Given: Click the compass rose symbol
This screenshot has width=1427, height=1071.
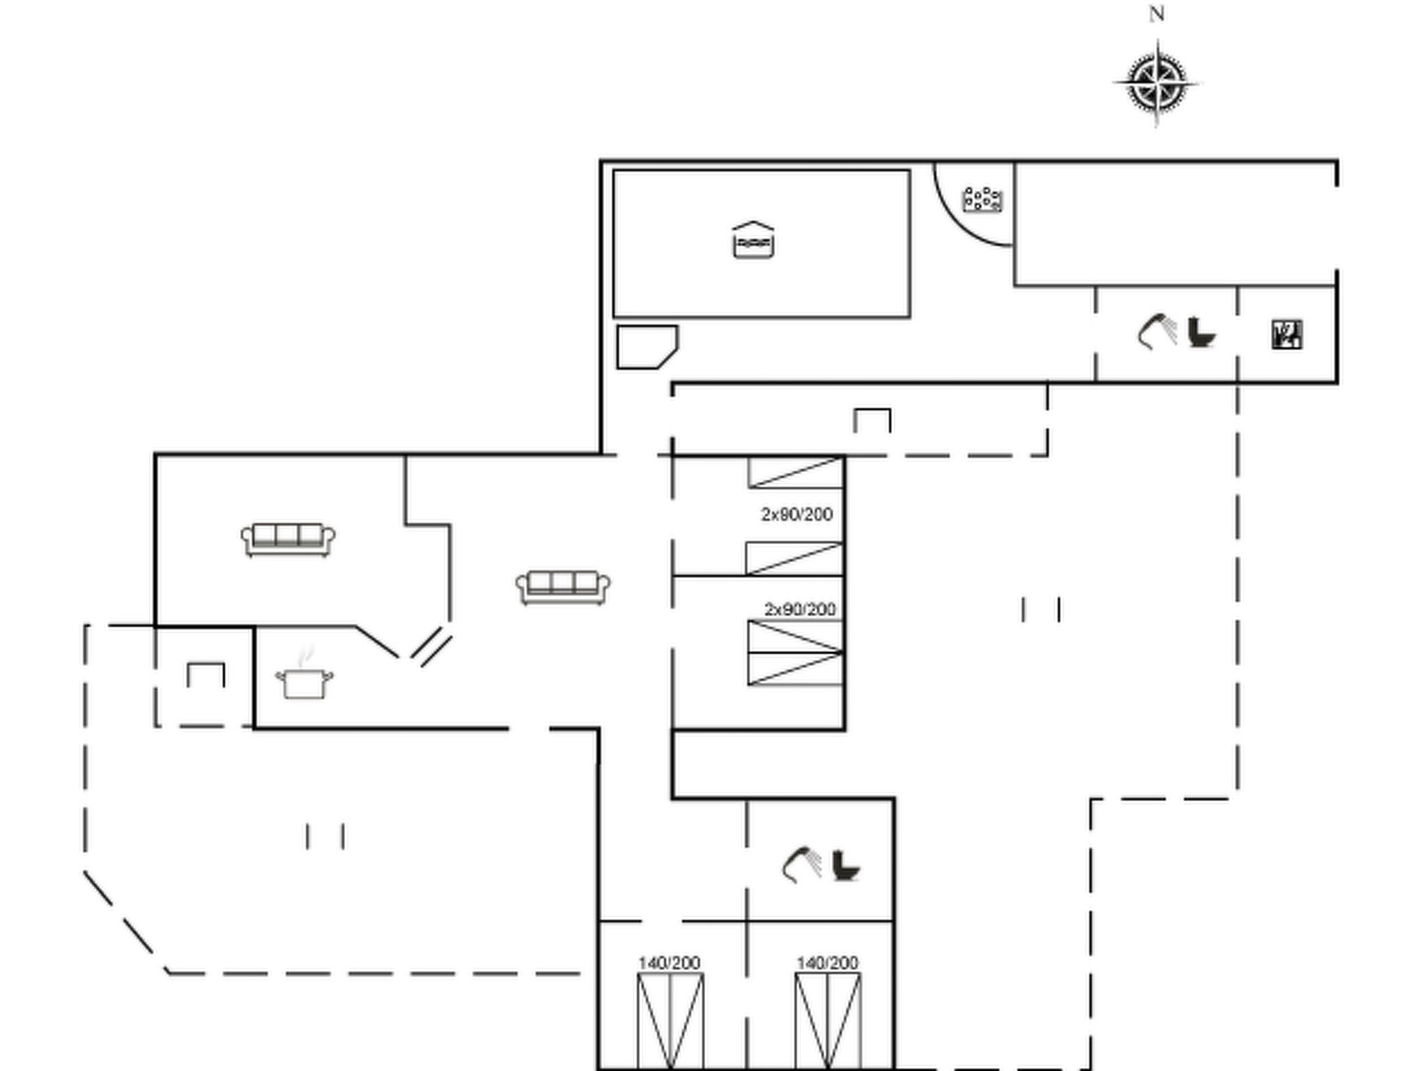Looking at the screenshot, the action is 1157,84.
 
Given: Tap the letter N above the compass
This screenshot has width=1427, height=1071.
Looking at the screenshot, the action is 1157,14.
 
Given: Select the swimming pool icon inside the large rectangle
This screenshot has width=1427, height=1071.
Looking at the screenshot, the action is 753,240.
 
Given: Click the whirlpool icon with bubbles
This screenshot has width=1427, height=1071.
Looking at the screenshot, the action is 982,199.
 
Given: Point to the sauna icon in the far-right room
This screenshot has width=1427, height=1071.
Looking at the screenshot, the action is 1287,334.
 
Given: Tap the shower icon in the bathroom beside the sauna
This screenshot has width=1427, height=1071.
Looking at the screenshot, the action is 1157,331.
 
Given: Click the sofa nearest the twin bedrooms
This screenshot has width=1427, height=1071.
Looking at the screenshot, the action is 563,587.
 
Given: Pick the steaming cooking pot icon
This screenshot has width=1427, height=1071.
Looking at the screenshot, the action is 304,676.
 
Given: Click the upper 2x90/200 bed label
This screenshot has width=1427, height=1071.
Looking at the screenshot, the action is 796,515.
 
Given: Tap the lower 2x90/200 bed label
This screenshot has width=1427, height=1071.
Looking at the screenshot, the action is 800,609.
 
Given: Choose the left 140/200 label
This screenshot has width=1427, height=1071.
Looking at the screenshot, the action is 669,963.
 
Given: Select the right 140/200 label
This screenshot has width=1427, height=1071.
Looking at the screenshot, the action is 827,963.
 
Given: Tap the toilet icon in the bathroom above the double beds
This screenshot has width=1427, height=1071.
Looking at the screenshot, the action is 846,865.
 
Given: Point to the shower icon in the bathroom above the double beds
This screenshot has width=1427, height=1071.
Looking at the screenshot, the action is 801,865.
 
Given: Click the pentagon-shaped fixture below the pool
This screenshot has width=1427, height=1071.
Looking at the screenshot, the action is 647,347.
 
